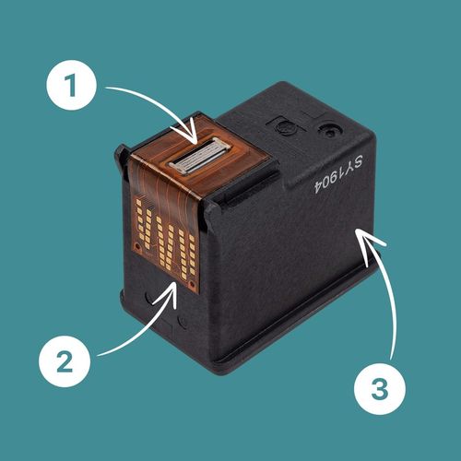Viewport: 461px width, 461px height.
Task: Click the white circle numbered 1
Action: click(71, 85)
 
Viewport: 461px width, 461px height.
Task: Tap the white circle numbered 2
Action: click(65, 361)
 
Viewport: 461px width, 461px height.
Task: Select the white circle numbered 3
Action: click(380, 389)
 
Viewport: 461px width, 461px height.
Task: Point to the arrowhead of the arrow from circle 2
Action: click(168, 292)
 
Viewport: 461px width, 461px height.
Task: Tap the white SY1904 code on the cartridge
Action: click(338, 173)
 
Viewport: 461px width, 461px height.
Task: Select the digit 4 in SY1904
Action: click(319, 185)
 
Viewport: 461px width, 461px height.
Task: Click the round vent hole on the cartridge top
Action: click(330, 132)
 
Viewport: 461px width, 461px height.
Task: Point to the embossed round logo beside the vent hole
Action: click(284, 126)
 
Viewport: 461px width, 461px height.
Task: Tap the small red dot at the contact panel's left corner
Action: click(137, 246)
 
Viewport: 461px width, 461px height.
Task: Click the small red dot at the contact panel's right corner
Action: click(192, 282)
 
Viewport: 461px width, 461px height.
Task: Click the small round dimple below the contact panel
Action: click(183, 322)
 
